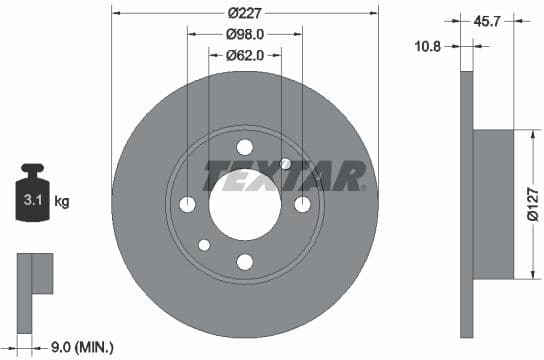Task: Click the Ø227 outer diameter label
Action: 245,13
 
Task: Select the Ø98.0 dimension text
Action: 245,34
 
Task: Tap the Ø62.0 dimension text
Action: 245,55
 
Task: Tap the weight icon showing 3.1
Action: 32,196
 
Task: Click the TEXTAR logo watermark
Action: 285,176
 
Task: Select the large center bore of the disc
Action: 245,204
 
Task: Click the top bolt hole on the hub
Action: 245,146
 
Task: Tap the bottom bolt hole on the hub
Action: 245,262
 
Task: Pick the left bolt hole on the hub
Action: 187,204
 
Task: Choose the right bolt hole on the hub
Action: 303,204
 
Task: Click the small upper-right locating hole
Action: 286,163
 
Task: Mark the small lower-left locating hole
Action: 204,245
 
